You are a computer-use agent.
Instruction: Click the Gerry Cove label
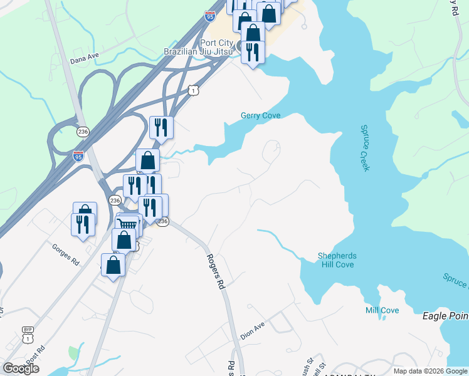coord(260,115)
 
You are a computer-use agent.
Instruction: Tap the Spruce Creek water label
coord(366,148)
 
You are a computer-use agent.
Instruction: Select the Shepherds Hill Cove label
coord(335,260)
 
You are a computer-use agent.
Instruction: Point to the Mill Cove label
coord(382,310)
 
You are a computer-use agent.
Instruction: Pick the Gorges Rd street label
coord(66,254)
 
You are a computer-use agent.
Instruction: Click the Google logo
coord(21,368)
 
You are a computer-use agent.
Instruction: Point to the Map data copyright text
coord(430,371)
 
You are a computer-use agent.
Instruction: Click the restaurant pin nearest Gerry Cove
coord(161,127)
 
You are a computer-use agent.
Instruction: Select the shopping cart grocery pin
coord(127,224)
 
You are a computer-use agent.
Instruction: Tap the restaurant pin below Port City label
coord(253,52)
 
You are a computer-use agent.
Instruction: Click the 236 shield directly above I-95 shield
coord(83,132)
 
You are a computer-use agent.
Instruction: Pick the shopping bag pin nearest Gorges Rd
coord(113,265)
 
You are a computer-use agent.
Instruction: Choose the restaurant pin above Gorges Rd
coord(83,224)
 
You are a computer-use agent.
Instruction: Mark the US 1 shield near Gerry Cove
coord(194,91)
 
